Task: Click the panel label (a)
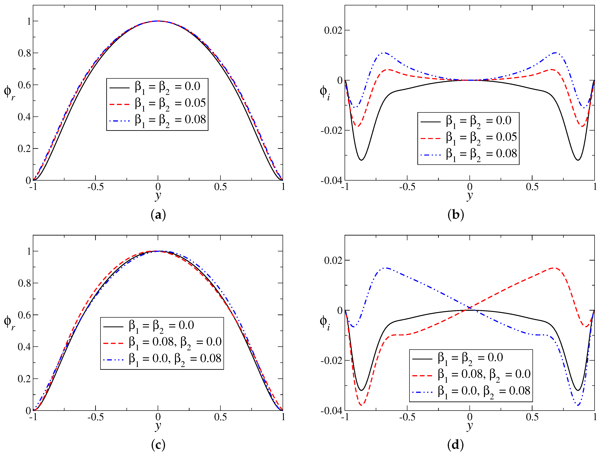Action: [158, 215]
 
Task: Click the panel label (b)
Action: [456, 215]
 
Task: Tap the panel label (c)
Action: [158, 445]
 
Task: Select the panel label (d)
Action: [456, 445]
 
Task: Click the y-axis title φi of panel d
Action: [324, 322]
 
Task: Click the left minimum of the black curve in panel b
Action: [361, 160]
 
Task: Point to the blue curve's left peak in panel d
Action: [386, 268]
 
